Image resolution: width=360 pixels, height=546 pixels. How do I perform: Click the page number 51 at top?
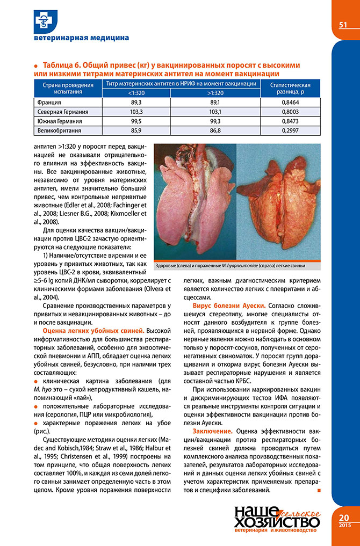[342, 25]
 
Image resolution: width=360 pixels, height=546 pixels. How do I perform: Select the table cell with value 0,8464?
[290, 102]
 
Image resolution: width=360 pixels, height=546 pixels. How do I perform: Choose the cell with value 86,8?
[215, 131]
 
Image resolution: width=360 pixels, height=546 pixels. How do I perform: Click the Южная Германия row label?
[59, 121]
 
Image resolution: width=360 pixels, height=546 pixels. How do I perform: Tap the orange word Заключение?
[213, 431]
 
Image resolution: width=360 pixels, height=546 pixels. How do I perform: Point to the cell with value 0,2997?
[290, 131]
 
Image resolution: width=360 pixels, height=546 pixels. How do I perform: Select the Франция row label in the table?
[49, 102]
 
